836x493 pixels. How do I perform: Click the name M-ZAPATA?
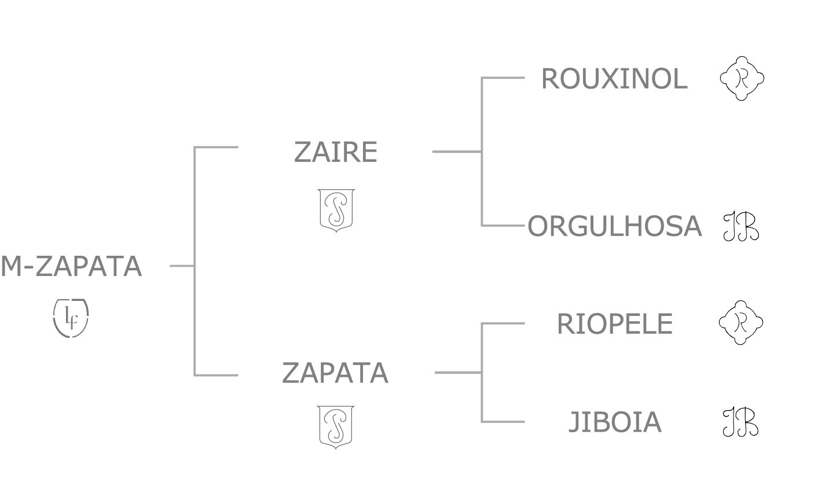(x=71, y=267)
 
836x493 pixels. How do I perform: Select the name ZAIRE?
(x=336, y=152)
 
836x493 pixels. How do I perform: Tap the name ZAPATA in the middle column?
(x=335, y=373)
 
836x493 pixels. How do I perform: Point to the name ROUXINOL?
(x=614, y=79)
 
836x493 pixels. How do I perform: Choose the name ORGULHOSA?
(x=615, y=226)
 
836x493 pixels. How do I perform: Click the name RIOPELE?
(x=615, y=324)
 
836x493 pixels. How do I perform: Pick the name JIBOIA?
(x=615, y=422)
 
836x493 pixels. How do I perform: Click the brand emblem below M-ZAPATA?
(x=71, y=318)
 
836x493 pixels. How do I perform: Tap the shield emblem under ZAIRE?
(x=336, y=209)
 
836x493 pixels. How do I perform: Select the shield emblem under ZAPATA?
(x=336, y=426)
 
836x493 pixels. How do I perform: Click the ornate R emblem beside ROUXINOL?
(x=742, y=78)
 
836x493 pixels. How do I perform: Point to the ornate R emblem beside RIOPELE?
(x=740, y=323)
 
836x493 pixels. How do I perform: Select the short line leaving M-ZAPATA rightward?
(x=181, y=266)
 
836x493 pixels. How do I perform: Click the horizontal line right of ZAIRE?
(x=456, y=152)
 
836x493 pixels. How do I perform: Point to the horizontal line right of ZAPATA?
(x=457, y=373)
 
